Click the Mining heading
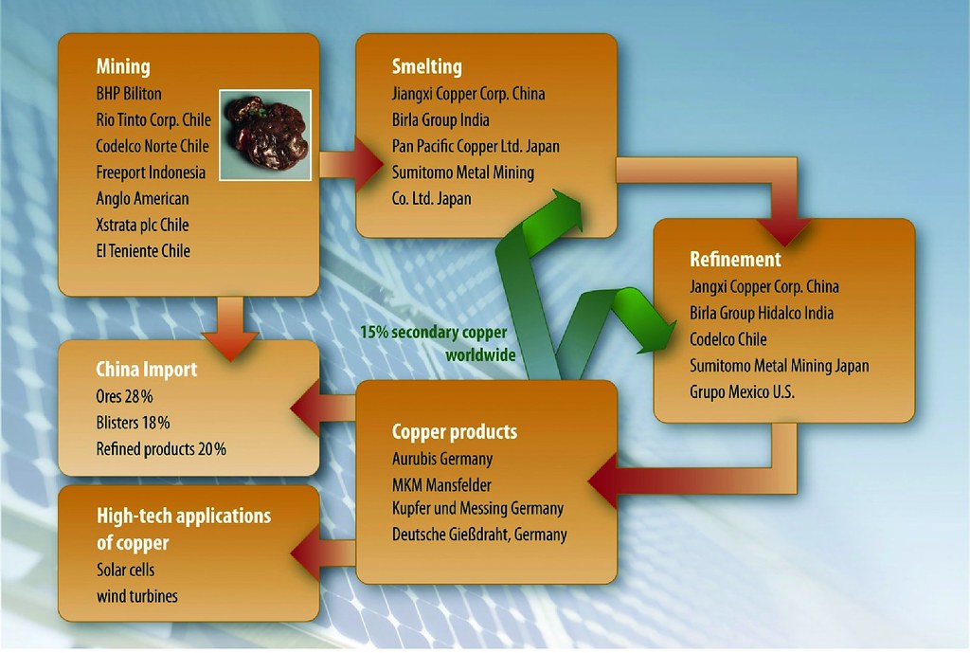coord(123,66)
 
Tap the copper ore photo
coord(265,134)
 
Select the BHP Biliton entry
coord(129,94)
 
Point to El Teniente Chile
coord(143,251)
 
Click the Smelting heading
coord(426,66)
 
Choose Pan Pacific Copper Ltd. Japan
coord(476,146)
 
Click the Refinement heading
coord(735,259)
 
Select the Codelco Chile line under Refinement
coord(728,338)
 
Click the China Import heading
coord(147,369)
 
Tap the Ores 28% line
coord(124,396)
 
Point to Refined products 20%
coord(161,449)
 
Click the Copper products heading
coord(455,432)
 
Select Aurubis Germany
coord(442,459)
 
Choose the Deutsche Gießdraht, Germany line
coord(479,535)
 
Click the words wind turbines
coord(136,596)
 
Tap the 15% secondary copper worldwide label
coord(437,343)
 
